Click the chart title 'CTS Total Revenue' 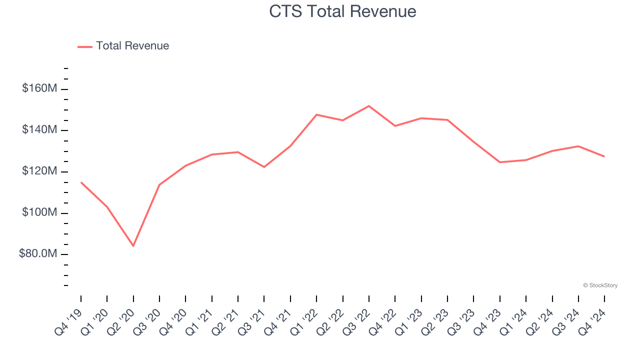342,11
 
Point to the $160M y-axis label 39,88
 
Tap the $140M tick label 39,130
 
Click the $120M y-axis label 39,171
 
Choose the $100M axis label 39,213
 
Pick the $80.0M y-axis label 38,254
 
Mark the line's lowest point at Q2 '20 133,246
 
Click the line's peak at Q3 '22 369,106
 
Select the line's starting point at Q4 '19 81,182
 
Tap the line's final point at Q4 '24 604,156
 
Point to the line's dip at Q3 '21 264,167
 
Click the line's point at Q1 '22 316,114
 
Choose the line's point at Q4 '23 500,162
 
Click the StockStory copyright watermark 600,285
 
